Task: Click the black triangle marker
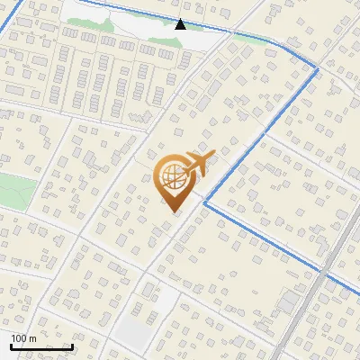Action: (x=181, y=24)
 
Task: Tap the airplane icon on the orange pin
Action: (x=197, y=165)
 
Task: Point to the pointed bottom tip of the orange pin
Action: (x=174, y=211)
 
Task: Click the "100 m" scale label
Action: (x=23, y=338)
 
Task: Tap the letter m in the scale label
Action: (x=32, y=338)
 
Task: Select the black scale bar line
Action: (x=41, y=346)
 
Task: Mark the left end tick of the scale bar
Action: (x=11, y=345)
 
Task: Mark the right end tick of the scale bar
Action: (x=72, y=345)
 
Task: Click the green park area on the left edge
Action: (x=16, y=191)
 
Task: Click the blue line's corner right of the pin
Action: (x=205, y=203)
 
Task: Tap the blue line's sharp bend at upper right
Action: (x=318, y=68)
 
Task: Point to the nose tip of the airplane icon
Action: (x=213, y=157)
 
